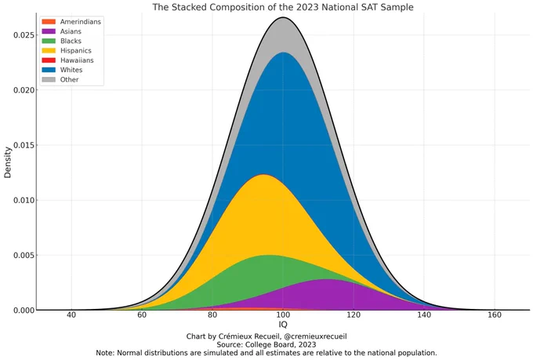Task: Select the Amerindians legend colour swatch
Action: coord(49,21)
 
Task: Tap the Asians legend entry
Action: coord(71,31)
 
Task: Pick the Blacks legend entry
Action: coord(71,41)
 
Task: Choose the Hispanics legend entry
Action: coord(75,50)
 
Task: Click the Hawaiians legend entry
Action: coord(75,60)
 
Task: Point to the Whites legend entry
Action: coord(71,70)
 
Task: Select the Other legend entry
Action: coord(69,79)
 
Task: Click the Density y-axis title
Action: coord(8,161)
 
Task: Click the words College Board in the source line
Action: coord(280,344)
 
